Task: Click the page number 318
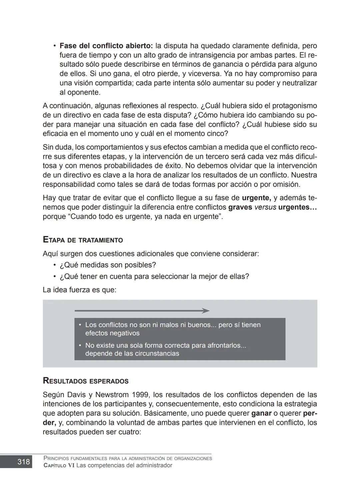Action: [23, 462]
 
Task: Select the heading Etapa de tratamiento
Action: [83, 240]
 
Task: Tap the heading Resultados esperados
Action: [86, 381]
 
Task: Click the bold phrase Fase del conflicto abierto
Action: [106, 46]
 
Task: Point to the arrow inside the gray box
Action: [142, 311]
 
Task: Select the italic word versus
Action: [265, 207]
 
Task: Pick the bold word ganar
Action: [261, 413]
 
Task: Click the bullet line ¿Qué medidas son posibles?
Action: [108, 265]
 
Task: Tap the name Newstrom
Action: [112, 395]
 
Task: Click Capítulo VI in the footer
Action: [59, 466]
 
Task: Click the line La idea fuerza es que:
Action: [79, 290]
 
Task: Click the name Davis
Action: [55, 395]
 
